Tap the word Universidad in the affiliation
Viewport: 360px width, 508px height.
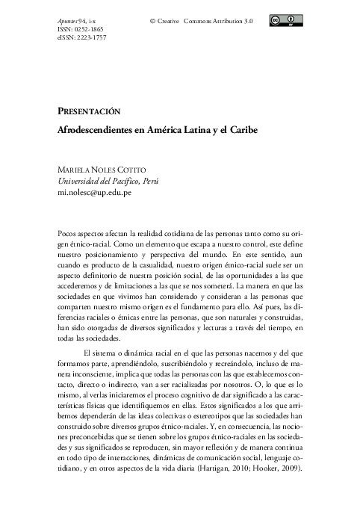coord(81,182)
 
